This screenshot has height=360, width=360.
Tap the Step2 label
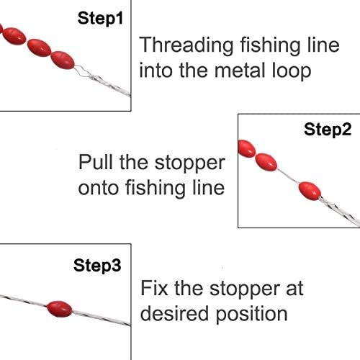pyautogui.click(x=328, y=130)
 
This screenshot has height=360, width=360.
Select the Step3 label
pyautogui.click(x=97, y=265)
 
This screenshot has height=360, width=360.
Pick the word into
pyautogui.click(x=158, y=71)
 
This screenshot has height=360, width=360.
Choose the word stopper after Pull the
pyautogui.click(x=189, y=161)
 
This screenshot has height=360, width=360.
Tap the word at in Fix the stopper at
pyautogui.click(x=294, y=289)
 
